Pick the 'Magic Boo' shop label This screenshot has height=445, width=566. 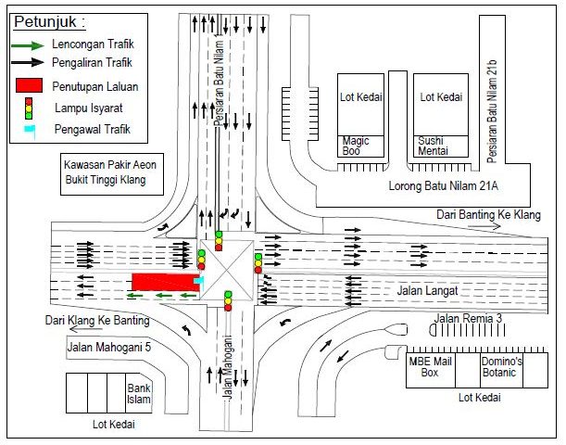[352, 145]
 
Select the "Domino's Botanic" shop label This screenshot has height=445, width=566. [501, 367]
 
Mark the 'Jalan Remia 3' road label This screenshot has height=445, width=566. [469, 320]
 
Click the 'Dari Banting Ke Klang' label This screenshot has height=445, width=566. [492, 215]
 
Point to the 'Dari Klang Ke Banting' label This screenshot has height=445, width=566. [97, 321]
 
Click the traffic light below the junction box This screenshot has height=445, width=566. [228, 300]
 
